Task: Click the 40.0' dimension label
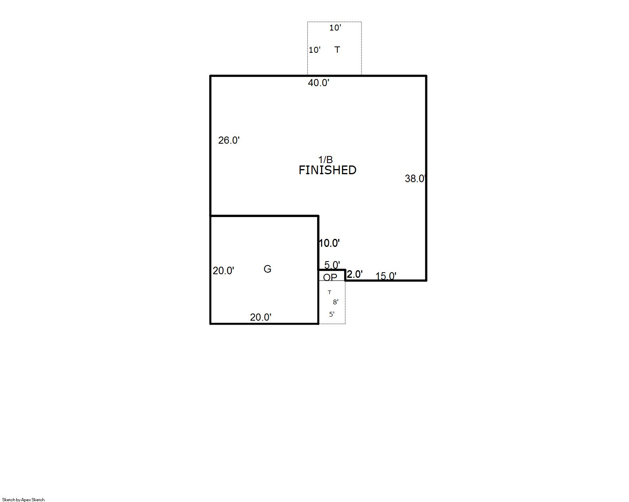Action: [319, 83]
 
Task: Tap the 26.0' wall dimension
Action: [229, 140]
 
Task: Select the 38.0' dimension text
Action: [415, 179]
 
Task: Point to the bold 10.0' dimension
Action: [329, 243]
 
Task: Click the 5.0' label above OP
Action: [332, 265]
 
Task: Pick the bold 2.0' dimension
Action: [354, 275]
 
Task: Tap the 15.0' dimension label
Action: [386, 276]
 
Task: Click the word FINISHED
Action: [327, 170]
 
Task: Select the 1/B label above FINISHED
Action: [325, 160]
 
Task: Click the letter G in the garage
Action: [267, 269]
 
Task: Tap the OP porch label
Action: [330, 277]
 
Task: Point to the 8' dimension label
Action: [336, 302]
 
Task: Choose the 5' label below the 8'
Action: [332, 314]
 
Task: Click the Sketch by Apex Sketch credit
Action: [23, 500]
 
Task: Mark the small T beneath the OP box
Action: [329, 292]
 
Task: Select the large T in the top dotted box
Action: [337, 50]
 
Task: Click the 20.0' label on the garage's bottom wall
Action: [261, 317]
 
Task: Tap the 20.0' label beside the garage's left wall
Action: [223, 271]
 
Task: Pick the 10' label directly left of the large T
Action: [315, 50]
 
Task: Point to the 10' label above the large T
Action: [335, 28]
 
